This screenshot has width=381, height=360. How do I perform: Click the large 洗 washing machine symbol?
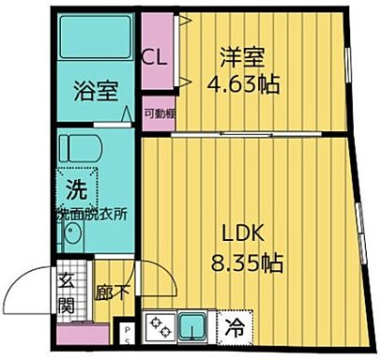tap(74, 186)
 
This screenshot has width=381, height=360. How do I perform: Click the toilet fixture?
tap(80, 148)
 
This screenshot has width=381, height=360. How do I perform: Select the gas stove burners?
tap(160, 328)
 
